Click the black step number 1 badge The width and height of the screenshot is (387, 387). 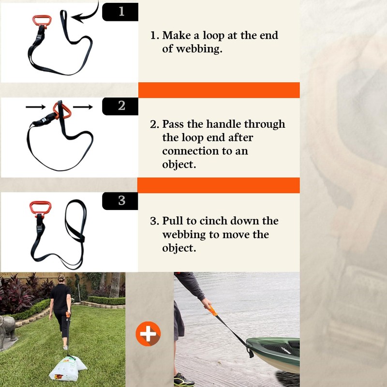[120, 11]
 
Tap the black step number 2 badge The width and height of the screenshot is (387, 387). [120, 106]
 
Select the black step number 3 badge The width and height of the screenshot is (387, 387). [120, 200]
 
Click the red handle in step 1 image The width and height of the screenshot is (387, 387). [41, 20]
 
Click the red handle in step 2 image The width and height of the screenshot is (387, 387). [61, 110]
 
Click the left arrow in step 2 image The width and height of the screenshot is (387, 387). [35, 105]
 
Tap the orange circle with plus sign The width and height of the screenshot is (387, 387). [148, 334]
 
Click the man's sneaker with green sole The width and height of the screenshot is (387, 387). [184, 380]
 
